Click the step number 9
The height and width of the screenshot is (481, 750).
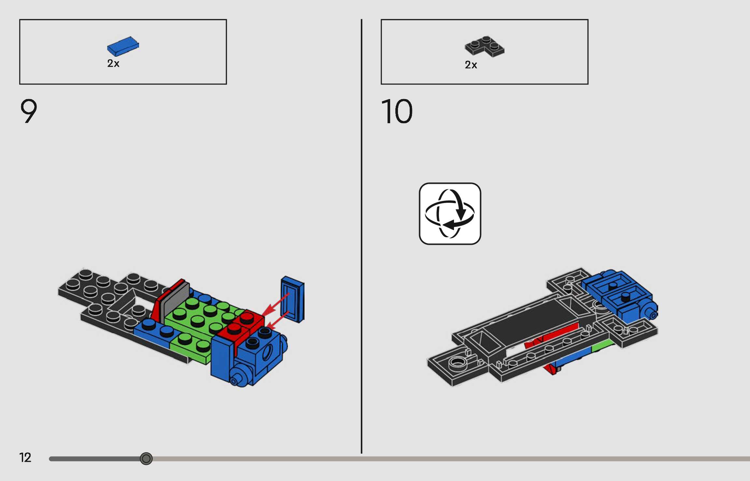pyautogui.click(x=29, y=111)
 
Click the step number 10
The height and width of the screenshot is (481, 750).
pyautogui.click(x=397, y=111)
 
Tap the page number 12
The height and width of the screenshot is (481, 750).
pyautogui.click(x=25, y=458)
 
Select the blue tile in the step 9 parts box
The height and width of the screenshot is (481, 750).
pyautogui.click(x=123, y=46)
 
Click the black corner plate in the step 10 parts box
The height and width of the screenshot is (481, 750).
pyautogui.click(x=485, y=47)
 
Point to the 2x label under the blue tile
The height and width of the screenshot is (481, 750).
pyautogui.click(x=113, y=63)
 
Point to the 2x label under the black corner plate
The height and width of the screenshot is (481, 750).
pyautogui.click(x=471, y=65)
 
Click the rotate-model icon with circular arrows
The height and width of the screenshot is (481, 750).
pyautogui.click(x=450, y=214)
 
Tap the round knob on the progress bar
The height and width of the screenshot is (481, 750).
pyautogui.click(x=146, y=459)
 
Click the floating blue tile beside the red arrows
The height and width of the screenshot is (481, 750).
pyautogui.click(x=293, y=299)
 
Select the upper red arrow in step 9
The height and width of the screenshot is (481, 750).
pyautogui.click(x=276, y=304)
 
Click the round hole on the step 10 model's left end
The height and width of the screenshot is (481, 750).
pyautogui.click(x=457, y=362)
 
